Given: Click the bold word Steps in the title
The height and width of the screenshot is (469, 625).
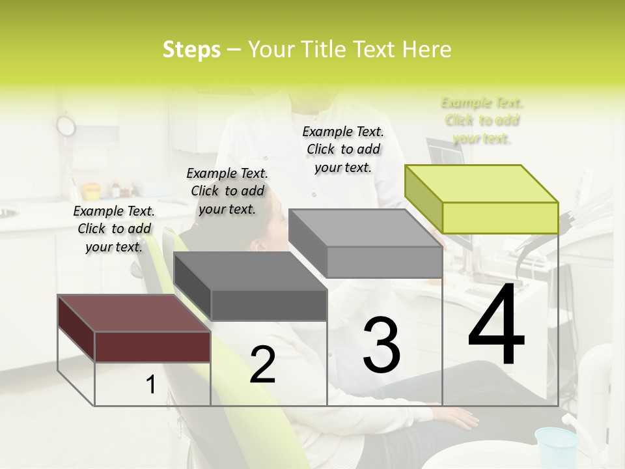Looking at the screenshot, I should pyautogui.click(x=191, y=50).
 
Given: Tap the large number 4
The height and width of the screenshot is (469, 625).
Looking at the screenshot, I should pyautogui.click(x=496, y=326).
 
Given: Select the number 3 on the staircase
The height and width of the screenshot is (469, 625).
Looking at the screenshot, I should pyautogui.click(x=381, y=345).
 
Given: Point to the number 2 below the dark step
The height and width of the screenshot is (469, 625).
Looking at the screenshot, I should pyautogui.click(x=262, y=365).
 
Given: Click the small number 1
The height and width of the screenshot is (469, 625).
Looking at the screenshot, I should pyautogui.click(x=150, y=385).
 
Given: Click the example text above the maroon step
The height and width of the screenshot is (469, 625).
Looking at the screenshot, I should pyautogui.click(x=114, y=229).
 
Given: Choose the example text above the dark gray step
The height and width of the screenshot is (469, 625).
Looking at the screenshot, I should pyautogui.click(x=227, y=191).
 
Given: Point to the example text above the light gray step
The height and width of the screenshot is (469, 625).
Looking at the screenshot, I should pyautogui.click(x=343, y=149).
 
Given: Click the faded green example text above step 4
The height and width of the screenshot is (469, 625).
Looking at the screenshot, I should pyautogui.click(x=482, y=121).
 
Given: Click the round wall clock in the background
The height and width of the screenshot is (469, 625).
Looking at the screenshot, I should pyautogui.click(x=66, y=124).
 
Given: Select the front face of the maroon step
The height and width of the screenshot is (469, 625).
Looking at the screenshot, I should pyautogui.click(x=152, y=347).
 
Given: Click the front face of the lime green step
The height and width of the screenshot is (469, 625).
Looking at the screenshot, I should pyautogui.click(x=500, y=218).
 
